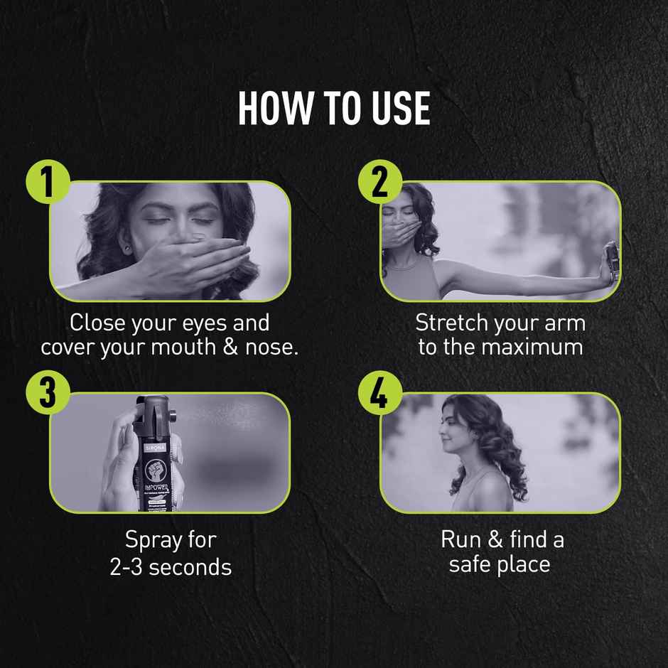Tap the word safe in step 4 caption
471,565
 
